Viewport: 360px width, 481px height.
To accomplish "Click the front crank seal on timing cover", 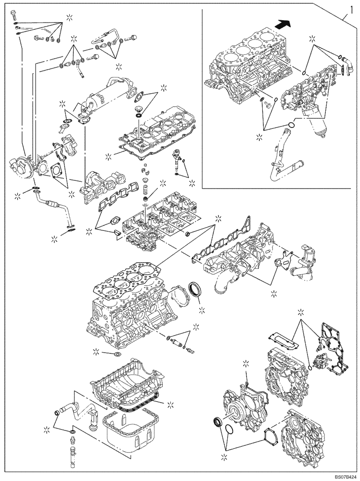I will point(218,423).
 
